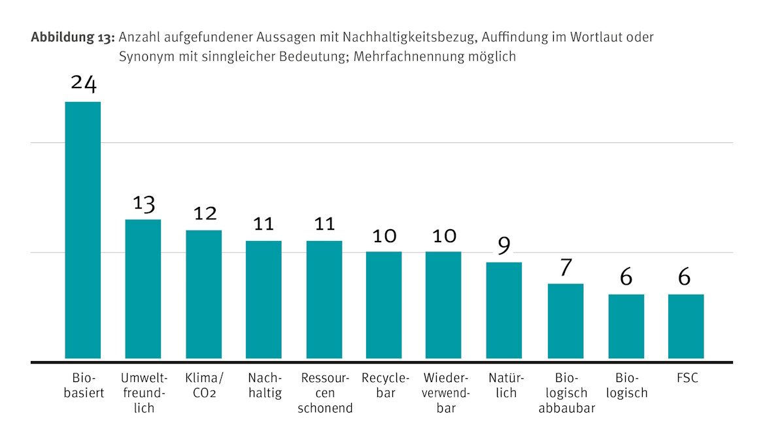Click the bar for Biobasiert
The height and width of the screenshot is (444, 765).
83,230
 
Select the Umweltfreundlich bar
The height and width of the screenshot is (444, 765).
143,289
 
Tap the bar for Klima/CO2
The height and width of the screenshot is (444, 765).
204,294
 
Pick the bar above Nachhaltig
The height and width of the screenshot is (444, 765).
264,300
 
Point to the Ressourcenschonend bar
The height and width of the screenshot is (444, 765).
324,300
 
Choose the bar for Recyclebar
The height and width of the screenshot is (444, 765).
384,305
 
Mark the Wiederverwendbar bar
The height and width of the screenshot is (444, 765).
443,305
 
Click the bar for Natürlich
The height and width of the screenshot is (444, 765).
504,310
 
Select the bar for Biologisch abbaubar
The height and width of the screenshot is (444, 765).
566,321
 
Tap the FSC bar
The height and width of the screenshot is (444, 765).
686,326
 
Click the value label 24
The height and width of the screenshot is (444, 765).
83,85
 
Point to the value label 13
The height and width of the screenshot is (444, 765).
143,203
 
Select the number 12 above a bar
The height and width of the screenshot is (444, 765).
204,214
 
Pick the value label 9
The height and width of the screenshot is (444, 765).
504,246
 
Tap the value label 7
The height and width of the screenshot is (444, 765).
566,267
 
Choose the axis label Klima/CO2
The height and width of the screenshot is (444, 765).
204,385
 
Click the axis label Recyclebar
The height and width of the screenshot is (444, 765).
385,385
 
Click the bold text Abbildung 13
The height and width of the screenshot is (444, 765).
73,37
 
